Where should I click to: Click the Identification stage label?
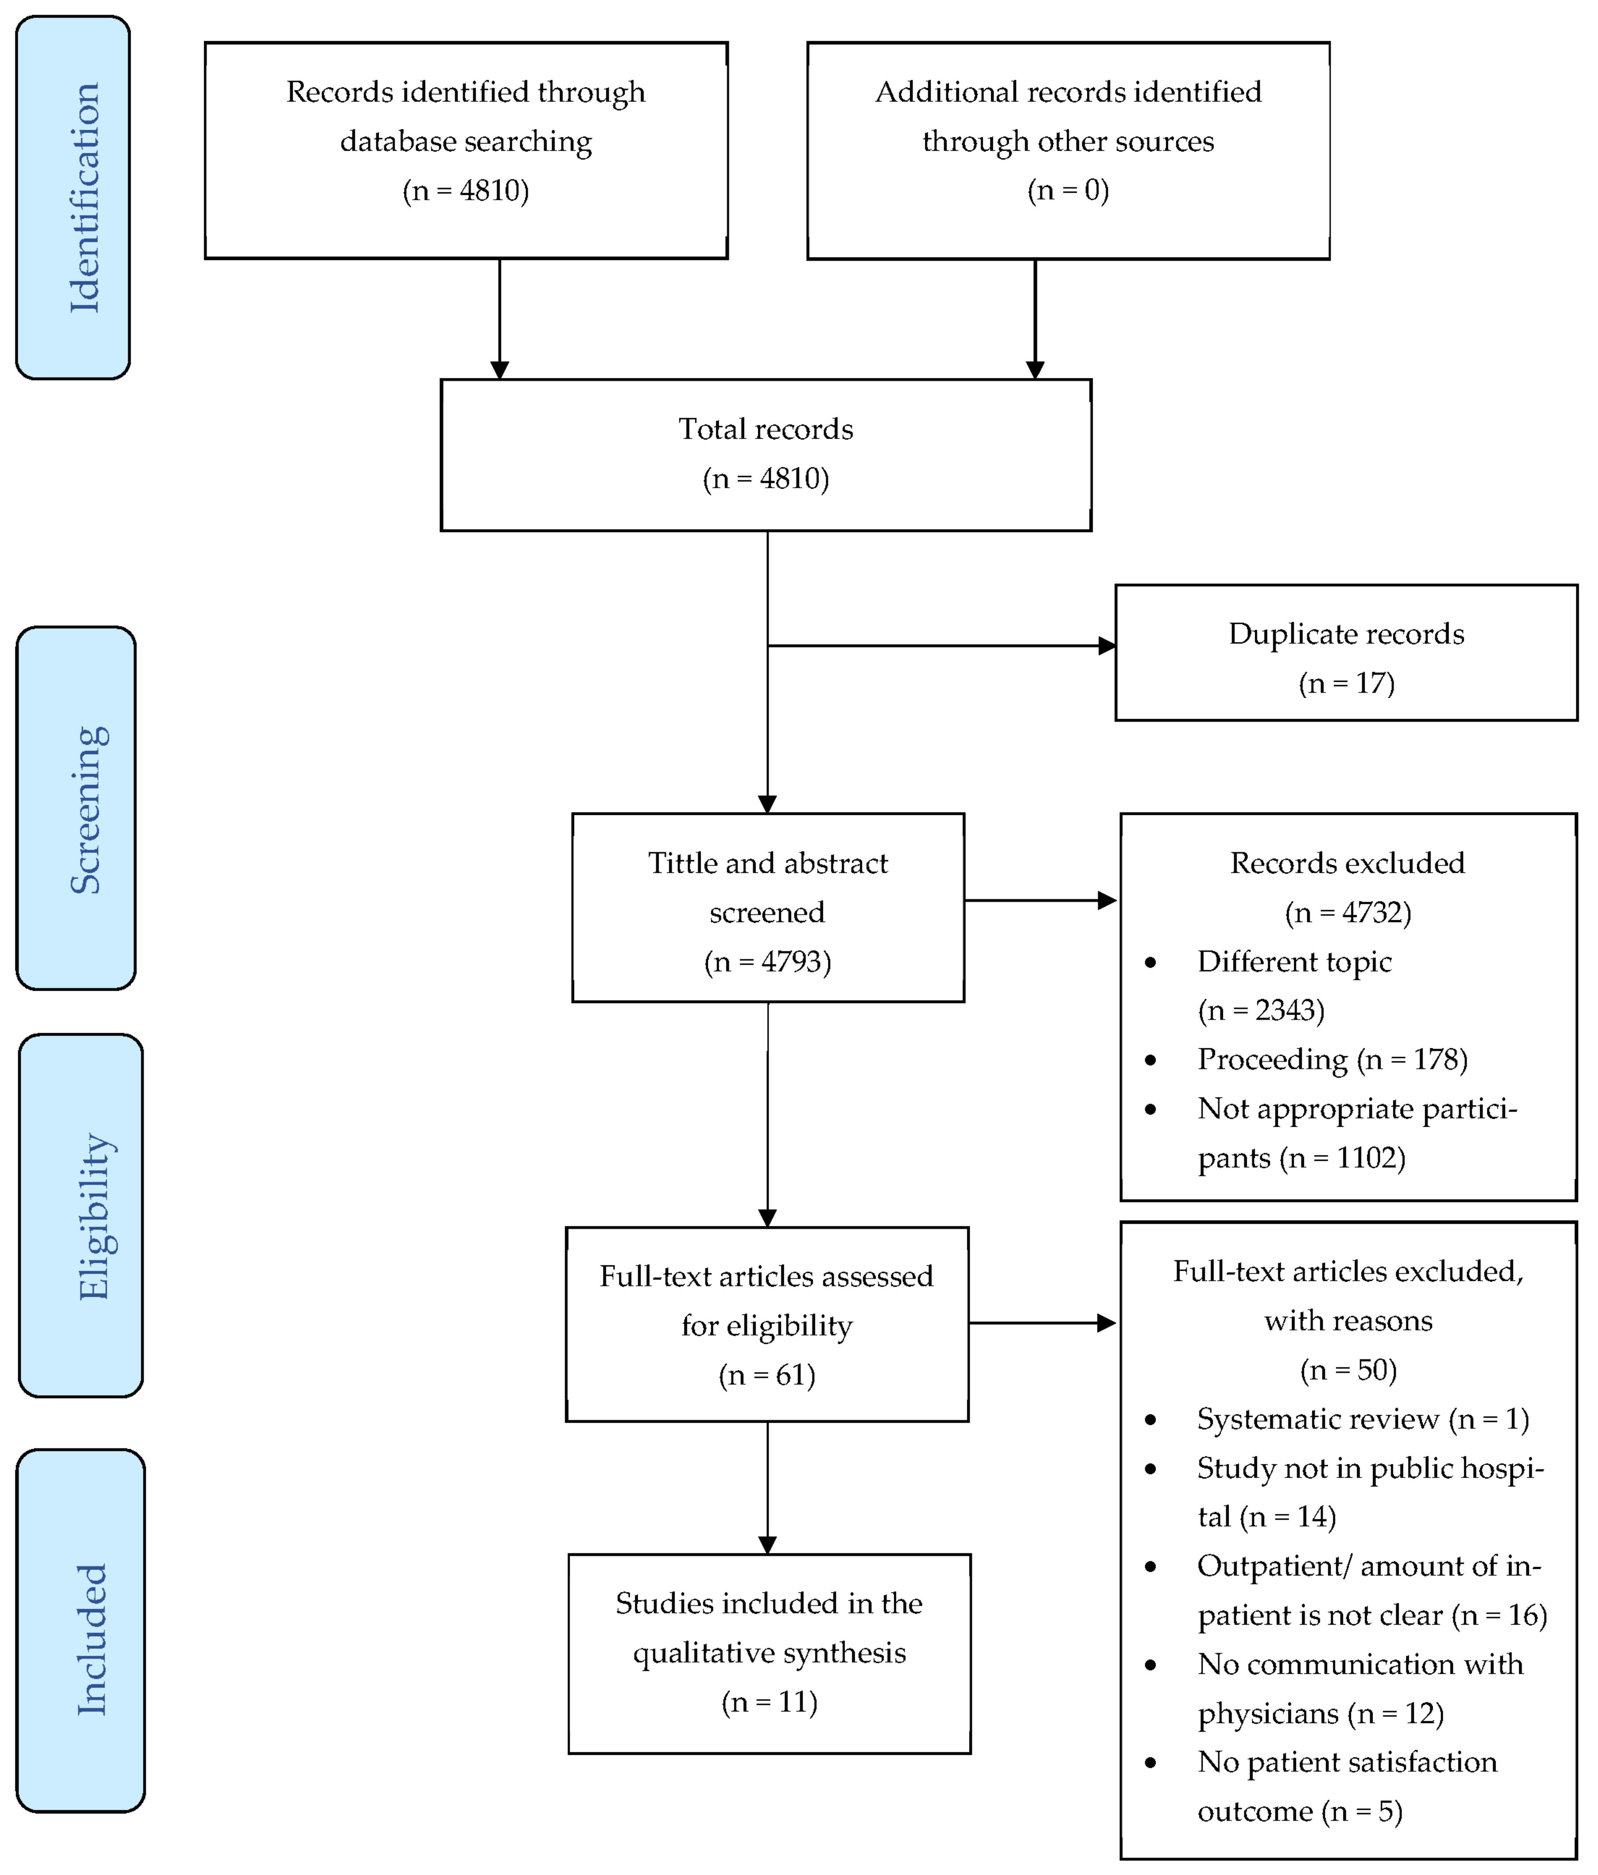[x=83, y=197]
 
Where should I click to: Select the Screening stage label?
[x=88, y=809]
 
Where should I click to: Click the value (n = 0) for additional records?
[x=1068, y=190]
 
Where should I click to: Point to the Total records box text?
[x=765, y=429]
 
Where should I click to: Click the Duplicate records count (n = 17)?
[x=1346, y=683]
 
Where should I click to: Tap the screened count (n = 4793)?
[x=767, y=961]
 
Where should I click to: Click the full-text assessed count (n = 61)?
[x=767, y=1375]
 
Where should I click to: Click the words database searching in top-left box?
[x=466, y=141]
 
